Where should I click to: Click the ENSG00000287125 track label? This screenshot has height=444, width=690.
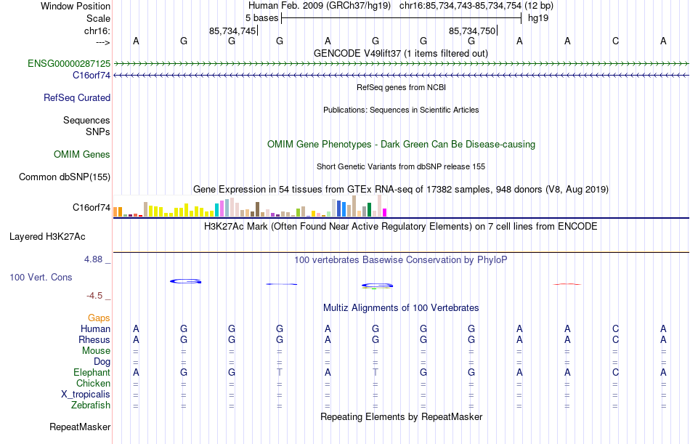point(69,64)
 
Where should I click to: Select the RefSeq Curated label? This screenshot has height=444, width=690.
point(77,97)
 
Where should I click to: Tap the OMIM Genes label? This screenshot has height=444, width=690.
point(82,154)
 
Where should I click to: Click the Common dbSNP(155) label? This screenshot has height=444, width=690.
point(65,177)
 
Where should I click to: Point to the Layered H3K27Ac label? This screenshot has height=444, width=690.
point(47,236)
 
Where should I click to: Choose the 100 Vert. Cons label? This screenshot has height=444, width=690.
point(41,277)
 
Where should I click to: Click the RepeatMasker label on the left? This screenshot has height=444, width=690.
point(80,427)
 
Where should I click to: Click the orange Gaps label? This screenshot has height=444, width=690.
point(99,318)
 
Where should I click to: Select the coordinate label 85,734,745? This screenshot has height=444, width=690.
point(232,31)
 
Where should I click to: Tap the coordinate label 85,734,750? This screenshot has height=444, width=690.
point(472,31)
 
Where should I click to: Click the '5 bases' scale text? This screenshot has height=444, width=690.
point(261,17)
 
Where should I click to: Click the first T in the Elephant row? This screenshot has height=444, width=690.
point(280,373)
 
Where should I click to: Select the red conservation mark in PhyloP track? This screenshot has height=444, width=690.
point(567,283)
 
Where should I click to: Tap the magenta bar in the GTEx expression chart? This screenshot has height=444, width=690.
point(385,212)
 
